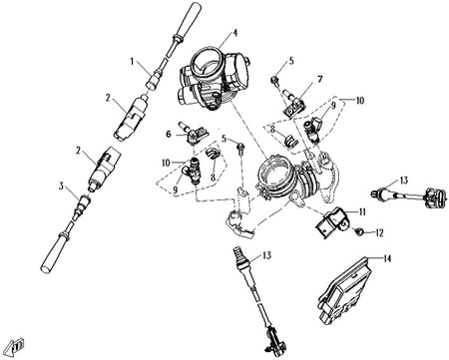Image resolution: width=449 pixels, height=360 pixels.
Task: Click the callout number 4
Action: pyautogui.click(x=234, y=33)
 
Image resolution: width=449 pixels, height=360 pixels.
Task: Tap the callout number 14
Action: pyautogui.click(x=387, y=258)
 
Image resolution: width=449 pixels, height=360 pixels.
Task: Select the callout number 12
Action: pyautogui.click(x=379, y=233)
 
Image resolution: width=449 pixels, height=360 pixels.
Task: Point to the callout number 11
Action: pyautogui.click(x=362, y=211)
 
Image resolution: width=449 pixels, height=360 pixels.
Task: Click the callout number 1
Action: pyautogui.click(x=132, y=62)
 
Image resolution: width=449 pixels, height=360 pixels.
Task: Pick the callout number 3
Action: pyautogui.click(x=61, y=185)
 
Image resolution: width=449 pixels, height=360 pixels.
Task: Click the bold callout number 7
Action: pyautogui.click(x=319, y=79)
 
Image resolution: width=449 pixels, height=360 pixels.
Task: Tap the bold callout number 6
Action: pyautogui.click(x=169, y=134)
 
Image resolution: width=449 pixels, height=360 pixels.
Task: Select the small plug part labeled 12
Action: pyautogui.click(x=358, y=231)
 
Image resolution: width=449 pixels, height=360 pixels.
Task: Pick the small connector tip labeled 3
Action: pyautogui.click(x=84, y=201)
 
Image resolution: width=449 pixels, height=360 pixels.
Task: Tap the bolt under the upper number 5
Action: pyautogui.click(x=275, y=80)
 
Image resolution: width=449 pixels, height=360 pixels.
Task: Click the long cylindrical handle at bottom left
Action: pyautogui.click(x=54, y=252)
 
